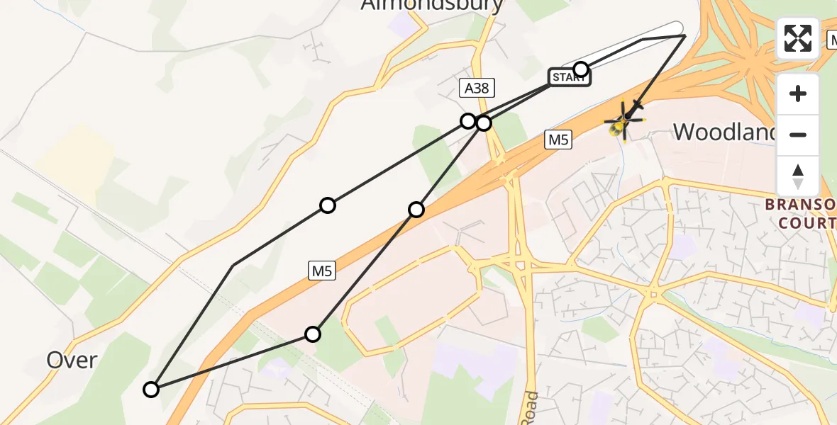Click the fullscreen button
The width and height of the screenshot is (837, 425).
pyautogui.click(x=798, y=38)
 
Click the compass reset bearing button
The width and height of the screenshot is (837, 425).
pyautogui.click(x=798, y=176)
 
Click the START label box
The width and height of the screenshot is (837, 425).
pyautogui.click(x=569, y=77)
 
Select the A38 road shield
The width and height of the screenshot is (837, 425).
pyautogui.click(x=477, y=88)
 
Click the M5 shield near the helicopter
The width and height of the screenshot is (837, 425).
pyautogui.click(x=558, y=140)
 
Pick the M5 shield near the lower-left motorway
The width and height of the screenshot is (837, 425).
pyautogui.click(x=322, y=270)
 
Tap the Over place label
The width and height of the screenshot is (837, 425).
pyautogui.click(x=72, y=360)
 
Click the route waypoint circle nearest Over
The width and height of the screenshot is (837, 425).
pyautogui.click(x=151, y=389)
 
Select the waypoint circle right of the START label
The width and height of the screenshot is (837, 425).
pyautogui.click(x=581, y=69)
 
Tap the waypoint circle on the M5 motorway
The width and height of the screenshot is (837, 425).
pyautogui.click(x=416, y=209)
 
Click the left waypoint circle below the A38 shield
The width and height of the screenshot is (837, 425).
pyautogui.click(x=468, y=121)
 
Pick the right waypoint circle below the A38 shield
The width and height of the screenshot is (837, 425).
pyautogui.click(x=484, y=123)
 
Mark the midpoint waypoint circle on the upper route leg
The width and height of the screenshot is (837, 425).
pyautogui.click(x=327, y=205)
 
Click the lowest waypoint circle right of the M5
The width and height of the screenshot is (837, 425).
pyautogui.click(x=313, y=334)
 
